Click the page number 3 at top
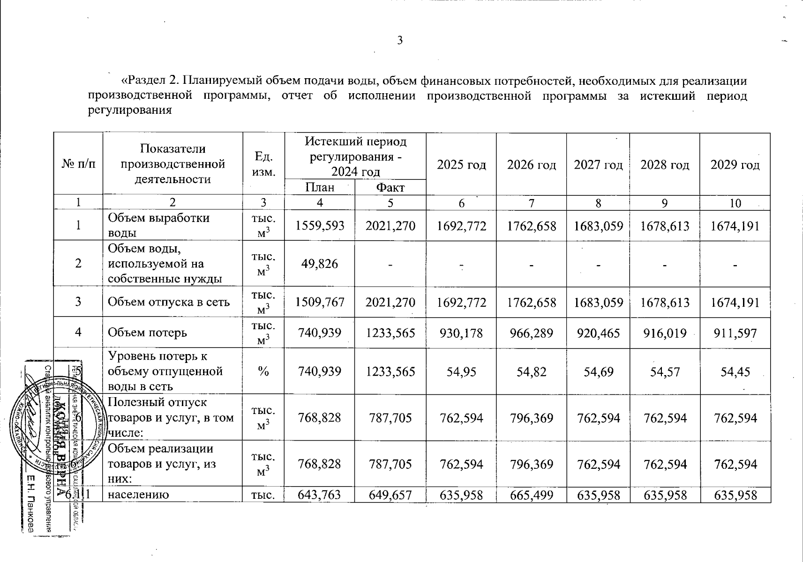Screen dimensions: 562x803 tap(400, 41)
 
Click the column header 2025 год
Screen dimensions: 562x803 tap(461, 165)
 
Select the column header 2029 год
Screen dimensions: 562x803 tap(735, 165)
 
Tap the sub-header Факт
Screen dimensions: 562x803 tap(390, 188)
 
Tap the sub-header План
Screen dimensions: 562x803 tap(320, 188)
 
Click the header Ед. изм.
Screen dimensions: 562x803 tap(263, 164)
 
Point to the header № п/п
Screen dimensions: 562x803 tap(78, 164)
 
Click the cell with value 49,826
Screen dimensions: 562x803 tap(320, 264)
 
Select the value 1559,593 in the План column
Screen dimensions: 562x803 tap(320, 226)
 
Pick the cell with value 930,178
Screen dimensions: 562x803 tap(461, 333)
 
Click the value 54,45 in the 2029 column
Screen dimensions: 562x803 tap(735, 371)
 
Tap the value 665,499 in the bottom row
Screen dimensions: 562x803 tap(532, 495)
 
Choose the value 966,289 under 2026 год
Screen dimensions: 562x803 tap(532, 333)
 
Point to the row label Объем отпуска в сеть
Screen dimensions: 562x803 tap(169, 302)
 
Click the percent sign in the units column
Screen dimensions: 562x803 tap(263, 371)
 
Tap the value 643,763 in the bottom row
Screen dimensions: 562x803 tap(320, 495)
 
